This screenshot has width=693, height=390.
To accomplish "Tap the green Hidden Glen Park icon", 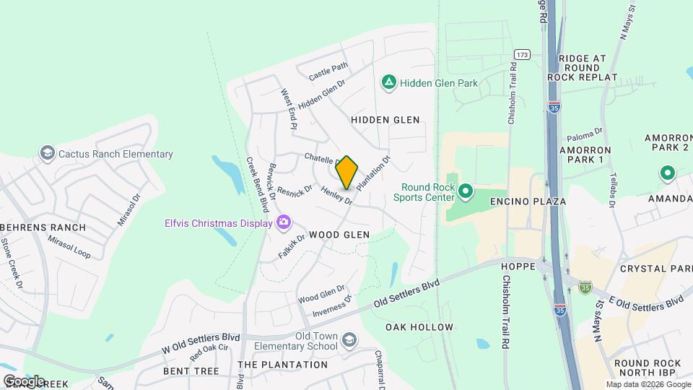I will coord(389,83).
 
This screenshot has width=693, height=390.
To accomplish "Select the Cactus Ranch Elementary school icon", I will coord(48,154).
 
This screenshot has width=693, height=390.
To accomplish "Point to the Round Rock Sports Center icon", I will coord(466,192).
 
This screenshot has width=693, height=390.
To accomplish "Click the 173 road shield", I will coord(523,55).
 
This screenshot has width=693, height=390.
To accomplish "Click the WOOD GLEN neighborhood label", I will coord(339,235).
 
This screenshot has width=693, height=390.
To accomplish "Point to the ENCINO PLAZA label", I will coord(528,201).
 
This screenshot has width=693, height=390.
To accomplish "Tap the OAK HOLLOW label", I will coord(419,327).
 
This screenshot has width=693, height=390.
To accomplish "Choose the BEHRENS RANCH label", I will coord(43,227).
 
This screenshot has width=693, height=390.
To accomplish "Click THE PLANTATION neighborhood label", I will coord(282,365).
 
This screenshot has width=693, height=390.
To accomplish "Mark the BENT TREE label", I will coord(191,370).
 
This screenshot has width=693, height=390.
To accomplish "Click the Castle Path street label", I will coord(328,71).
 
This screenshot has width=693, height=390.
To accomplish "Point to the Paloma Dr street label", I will coord(585,134).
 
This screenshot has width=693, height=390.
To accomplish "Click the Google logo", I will coord(24,381).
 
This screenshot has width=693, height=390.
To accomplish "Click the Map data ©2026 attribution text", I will coord(648,384).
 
